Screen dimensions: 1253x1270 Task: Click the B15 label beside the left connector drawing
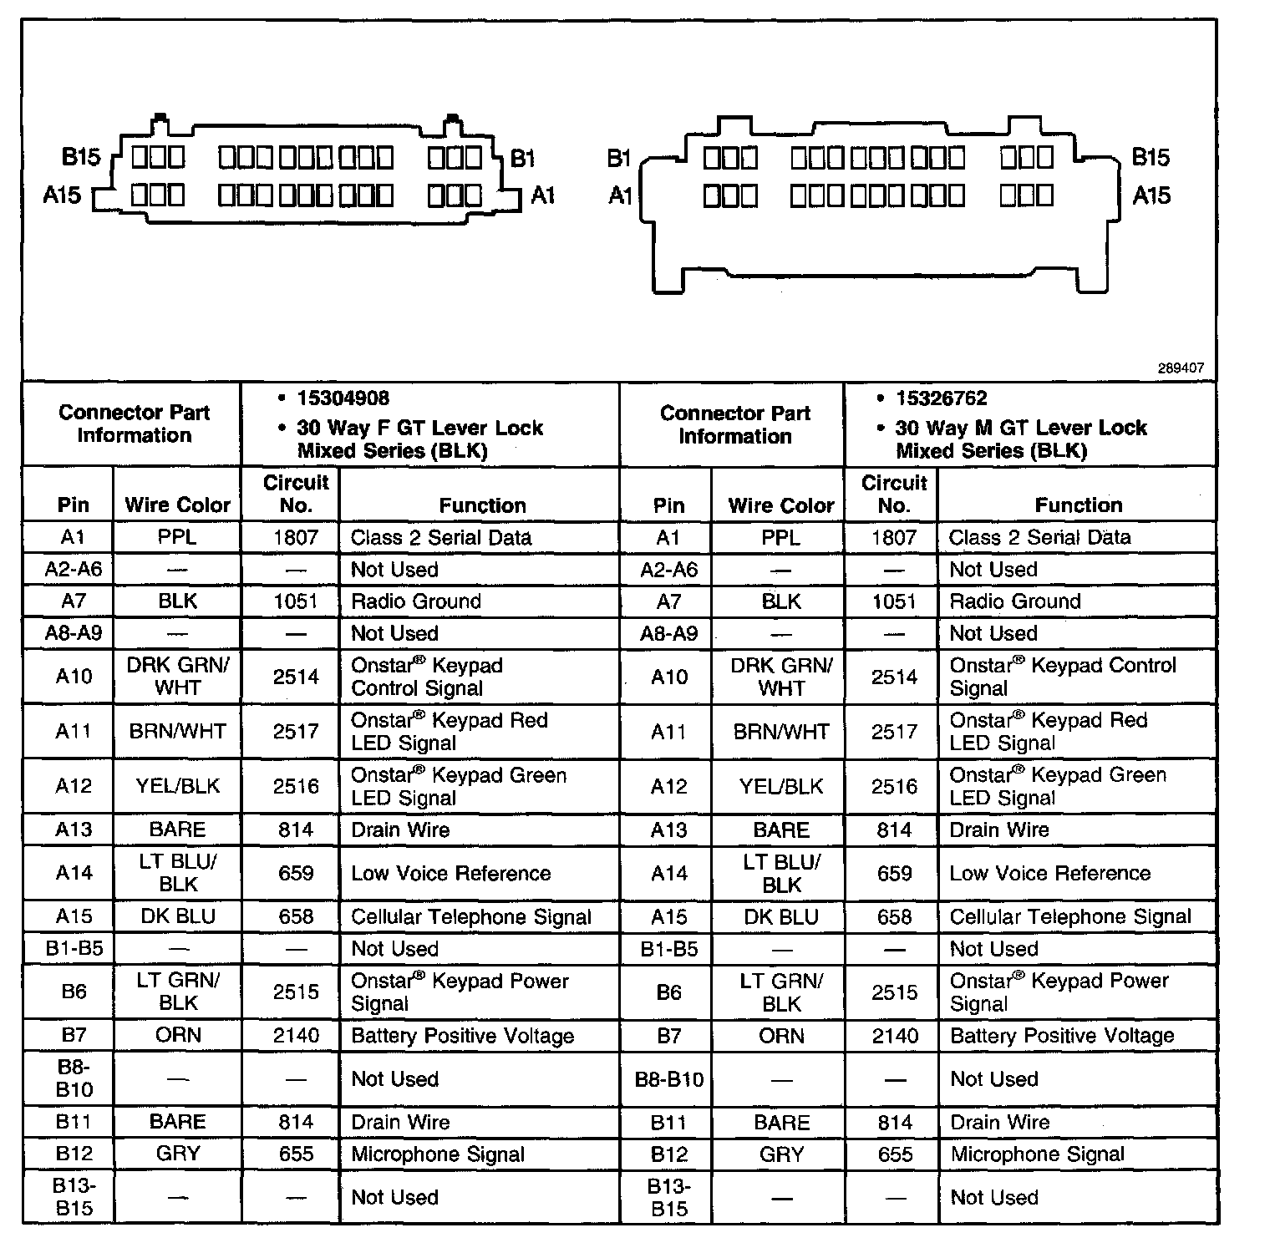81,156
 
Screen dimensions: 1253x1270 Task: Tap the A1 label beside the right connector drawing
620,195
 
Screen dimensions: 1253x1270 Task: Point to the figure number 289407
1181,368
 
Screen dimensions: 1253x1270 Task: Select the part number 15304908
343,398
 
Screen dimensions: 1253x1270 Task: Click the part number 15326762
941,398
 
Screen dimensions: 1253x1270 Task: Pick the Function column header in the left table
482,505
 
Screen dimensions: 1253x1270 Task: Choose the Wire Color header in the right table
781,505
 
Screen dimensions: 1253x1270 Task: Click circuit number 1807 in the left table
296,537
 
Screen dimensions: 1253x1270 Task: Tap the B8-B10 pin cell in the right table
668,1078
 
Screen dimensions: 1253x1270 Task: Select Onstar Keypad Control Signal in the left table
426,677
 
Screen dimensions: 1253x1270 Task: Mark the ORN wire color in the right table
781,1036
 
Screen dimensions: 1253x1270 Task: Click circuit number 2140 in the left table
296,1036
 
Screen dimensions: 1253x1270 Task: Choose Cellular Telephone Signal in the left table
470,916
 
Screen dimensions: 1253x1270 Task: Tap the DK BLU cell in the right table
781,916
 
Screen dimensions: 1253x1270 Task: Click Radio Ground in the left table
415,601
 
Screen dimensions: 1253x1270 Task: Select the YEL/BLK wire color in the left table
177,786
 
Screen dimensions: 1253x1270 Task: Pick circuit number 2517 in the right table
894,732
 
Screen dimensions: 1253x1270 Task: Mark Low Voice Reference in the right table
1049,873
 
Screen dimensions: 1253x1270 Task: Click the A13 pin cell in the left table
73,829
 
